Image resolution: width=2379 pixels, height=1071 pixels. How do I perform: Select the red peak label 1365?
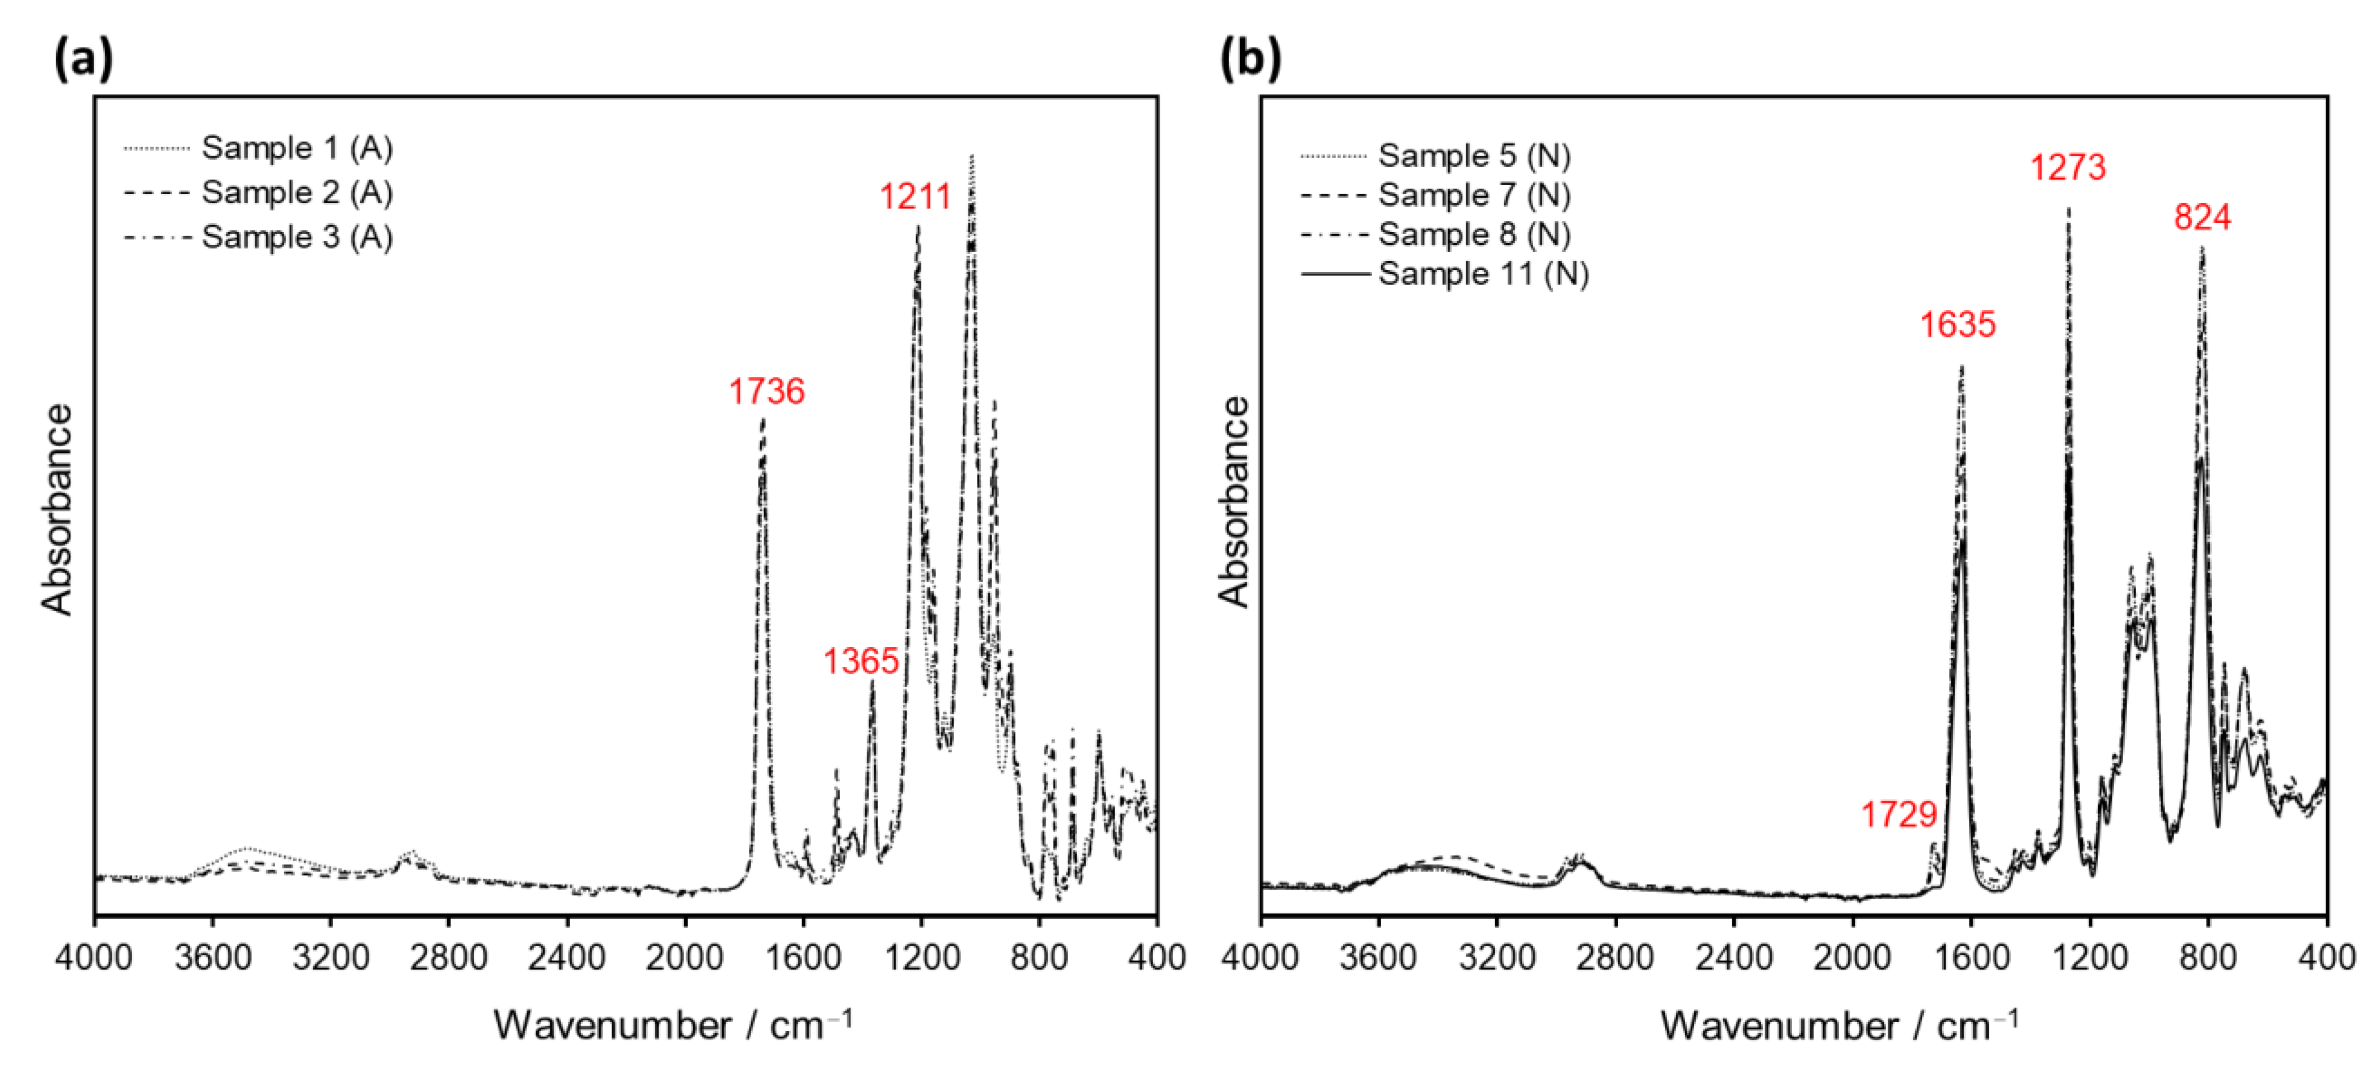861,661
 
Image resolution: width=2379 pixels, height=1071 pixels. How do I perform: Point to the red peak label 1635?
1958,325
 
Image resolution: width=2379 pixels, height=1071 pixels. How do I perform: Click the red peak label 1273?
2068,167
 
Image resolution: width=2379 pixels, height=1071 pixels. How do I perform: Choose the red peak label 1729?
1898,814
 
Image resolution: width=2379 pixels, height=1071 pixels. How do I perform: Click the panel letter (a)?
83,59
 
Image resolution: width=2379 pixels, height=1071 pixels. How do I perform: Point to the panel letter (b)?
1251,59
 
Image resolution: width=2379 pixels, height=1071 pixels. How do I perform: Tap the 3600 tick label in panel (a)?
212,958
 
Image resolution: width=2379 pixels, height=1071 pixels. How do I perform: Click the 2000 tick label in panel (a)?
684,958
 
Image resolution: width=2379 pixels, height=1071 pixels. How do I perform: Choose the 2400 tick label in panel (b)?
1733,958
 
